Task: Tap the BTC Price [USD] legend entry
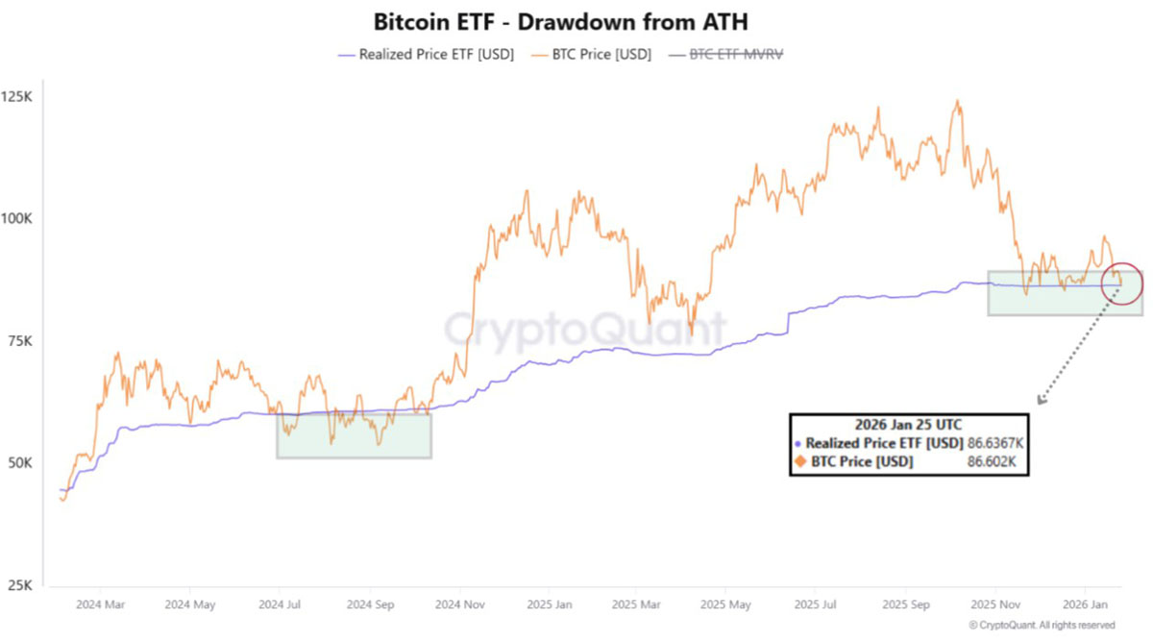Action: [591, 55]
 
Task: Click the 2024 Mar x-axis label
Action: [100, 605]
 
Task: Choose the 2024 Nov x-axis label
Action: [460, 605]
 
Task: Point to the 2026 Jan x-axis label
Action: [1086, 605]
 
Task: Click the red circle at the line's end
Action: [1121, 284]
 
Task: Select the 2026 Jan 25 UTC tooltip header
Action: [908, 424]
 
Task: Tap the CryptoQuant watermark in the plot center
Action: [584, 330]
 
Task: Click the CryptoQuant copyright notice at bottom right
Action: [1043, 625]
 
